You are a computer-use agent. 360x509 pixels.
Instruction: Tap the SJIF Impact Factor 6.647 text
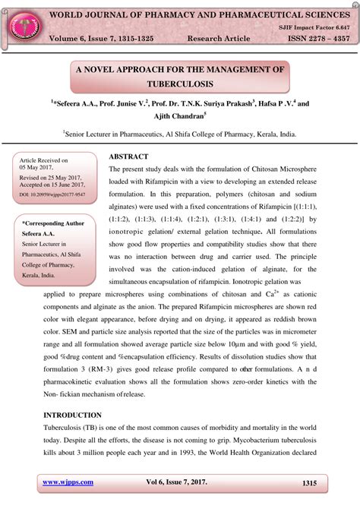[311, 26]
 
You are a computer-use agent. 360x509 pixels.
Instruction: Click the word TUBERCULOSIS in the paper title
[180, 83]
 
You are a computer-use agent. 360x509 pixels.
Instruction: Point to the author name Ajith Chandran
[180, 115]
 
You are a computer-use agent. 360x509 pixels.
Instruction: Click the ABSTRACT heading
[128, 156]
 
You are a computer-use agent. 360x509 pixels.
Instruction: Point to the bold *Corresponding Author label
[52, 223]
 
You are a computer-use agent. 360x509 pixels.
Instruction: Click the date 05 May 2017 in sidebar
[39, 168]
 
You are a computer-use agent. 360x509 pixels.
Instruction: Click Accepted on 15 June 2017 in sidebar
[52, 185]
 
